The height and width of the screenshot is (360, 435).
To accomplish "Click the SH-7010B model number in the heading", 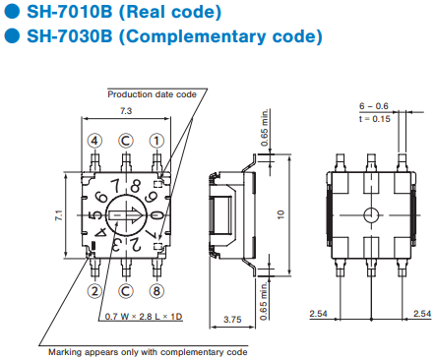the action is (70, 12).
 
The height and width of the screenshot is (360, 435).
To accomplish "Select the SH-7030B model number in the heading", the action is (70, 35).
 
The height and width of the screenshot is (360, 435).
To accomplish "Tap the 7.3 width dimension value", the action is (126, 111).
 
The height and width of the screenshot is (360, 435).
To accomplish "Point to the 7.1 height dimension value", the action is (59, 215).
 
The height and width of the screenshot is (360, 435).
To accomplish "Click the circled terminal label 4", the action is (94, 141).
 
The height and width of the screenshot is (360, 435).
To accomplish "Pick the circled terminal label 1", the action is (156, 141).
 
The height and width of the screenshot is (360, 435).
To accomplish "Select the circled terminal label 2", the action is (94, 291).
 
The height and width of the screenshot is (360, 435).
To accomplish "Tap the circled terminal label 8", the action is (156, 291).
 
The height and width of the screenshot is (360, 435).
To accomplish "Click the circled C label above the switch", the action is (126, 141).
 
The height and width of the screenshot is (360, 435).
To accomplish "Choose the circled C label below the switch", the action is (126, 291).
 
